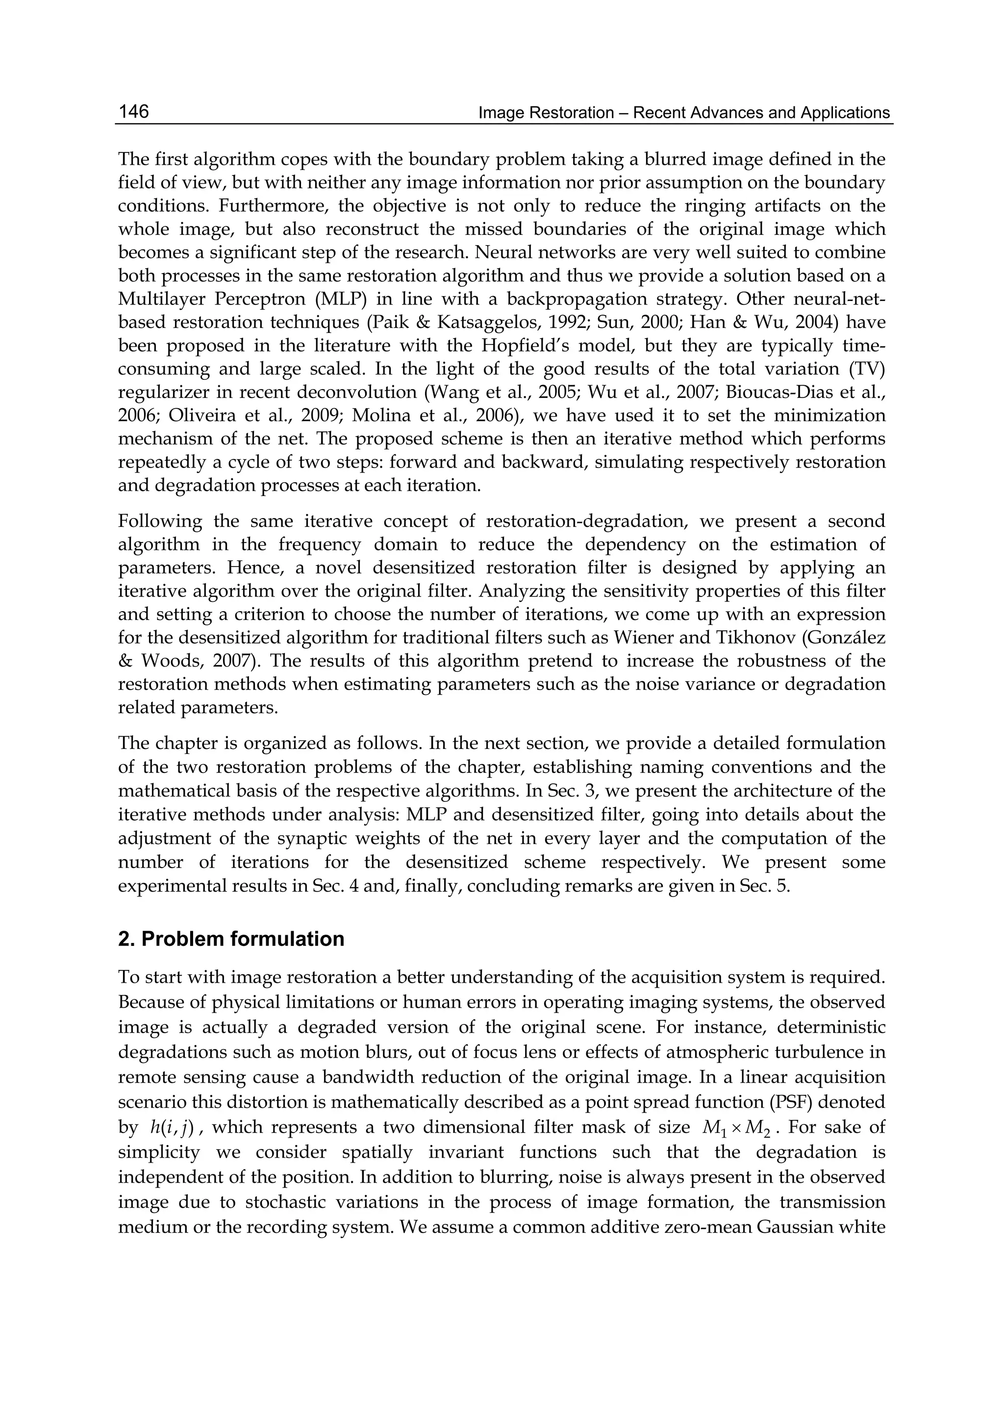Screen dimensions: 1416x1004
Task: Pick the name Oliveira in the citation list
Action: [197, 415]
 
